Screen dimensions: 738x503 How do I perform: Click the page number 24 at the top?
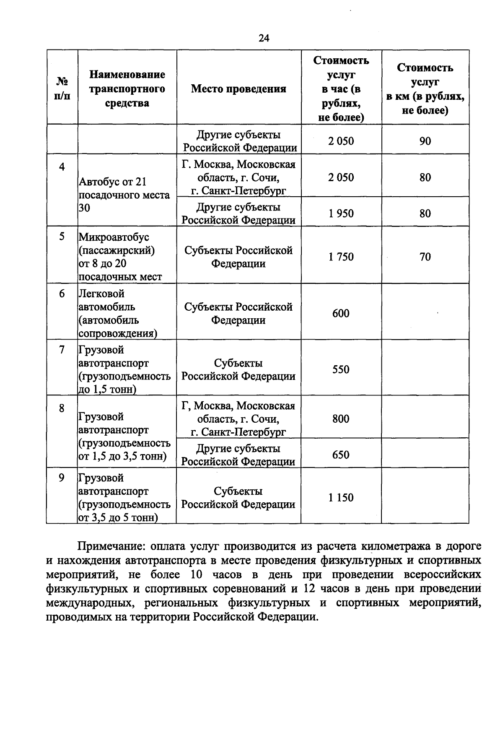pyautogui.click(x=264, y=38)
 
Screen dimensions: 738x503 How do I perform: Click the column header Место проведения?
pyautogui.click(x=239, y=89)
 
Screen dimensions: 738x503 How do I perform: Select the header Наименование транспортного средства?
pyautogui.click(x=127, y=89)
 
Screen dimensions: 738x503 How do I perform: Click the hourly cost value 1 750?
pyautogui.click(x=341, y=257)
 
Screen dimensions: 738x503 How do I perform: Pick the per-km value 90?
pyautogui.click(x=425, y=141)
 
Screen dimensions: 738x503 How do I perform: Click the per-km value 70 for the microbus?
pyautogui.click(x=425, y=257)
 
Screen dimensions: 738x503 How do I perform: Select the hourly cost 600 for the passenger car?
pyautogui.click(x=340, y=313)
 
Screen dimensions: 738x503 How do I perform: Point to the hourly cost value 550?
pyautogui.click(x=340, y=369)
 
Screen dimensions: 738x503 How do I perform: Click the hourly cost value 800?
pyautogui.click(x=340, y=418)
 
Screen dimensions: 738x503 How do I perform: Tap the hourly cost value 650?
pyautogui.click(x=340, y=455)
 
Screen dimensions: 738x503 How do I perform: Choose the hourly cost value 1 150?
pyautogui.click(x=341, y=498)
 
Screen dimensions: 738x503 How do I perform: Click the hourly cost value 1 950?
pyautogui.click(x=341, y=213)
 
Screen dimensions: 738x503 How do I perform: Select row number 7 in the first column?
pyautogui.click(x=62, y=350)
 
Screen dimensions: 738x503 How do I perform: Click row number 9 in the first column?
pyautogui.click(x=62, y=478)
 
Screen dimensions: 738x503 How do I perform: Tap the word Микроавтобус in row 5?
pyautogui.click(x=114, y=237)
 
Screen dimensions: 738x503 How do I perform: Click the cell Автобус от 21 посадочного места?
pyautogui.click(x=124, y=195)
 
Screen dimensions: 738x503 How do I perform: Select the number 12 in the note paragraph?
pyautogui.click(x=309, y=589)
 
